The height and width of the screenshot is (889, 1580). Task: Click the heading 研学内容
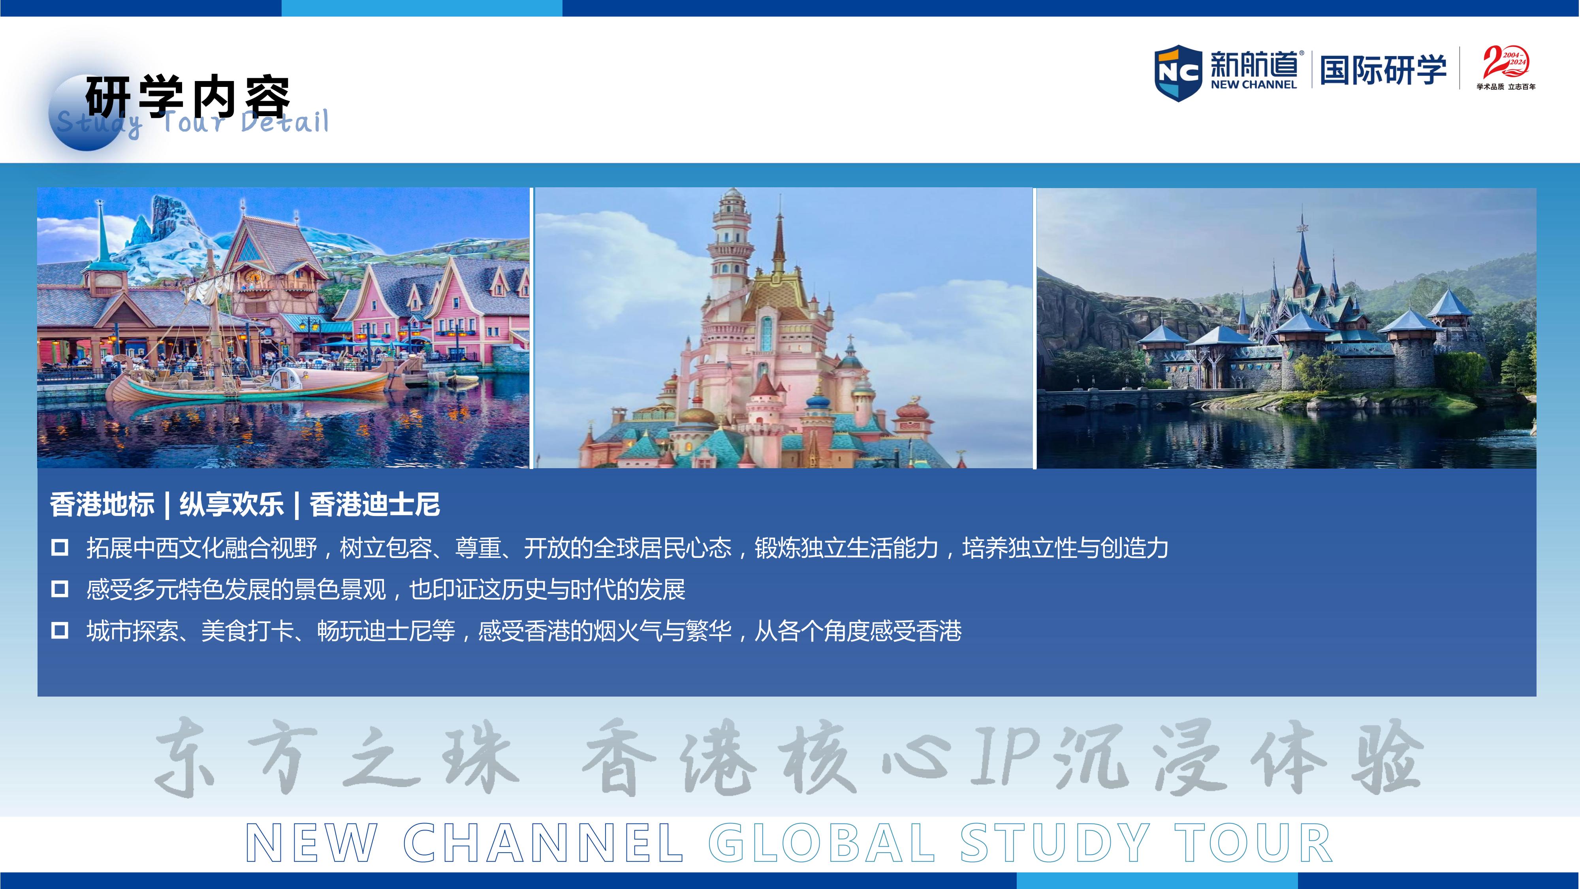187,96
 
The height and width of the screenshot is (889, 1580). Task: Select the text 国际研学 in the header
1383,69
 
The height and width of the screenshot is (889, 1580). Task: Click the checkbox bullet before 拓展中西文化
60,547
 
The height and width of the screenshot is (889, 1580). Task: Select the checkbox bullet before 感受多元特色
60,589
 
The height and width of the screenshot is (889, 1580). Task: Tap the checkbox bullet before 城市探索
60,630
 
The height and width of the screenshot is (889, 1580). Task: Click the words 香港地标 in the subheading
102,505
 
